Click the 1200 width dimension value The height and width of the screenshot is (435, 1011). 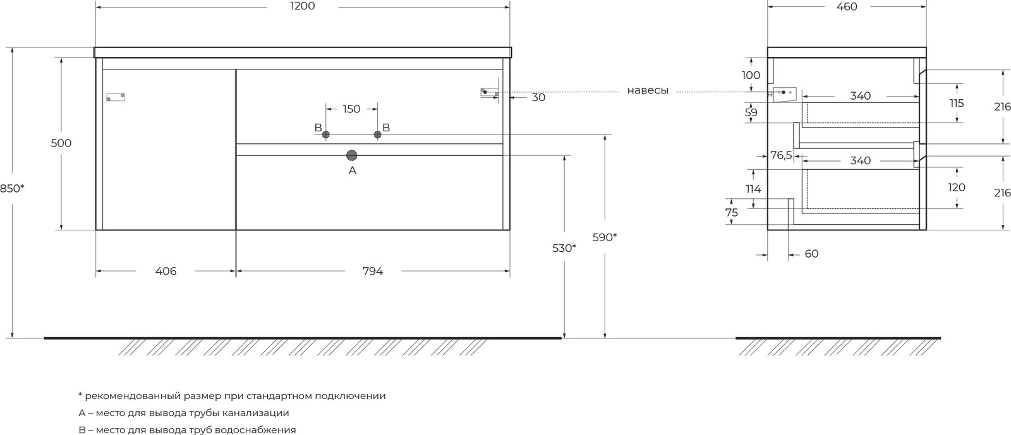303,6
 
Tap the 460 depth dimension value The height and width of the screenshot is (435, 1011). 847,7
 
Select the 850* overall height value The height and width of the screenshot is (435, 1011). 12,188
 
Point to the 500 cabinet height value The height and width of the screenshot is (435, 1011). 61,143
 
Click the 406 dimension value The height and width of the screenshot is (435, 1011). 166,271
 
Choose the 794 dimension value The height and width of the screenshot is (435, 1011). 373,271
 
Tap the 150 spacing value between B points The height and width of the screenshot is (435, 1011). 351,109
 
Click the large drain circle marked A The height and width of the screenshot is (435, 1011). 351,155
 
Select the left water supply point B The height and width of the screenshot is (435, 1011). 326,134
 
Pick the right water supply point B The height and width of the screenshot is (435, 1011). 378,134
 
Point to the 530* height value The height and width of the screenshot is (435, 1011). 564,248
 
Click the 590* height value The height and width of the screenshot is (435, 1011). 605,237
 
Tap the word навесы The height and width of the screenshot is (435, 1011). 648,91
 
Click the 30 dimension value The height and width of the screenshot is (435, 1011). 538,97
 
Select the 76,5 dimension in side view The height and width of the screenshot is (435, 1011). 781,155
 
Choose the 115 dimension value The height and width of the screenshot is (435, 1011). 957,104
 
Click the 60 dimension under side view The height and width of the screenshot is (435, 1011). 811,254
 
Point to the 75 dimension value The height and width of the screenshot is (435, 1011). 732,212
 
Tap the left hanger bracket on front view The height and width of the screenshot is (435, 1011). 116,97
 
